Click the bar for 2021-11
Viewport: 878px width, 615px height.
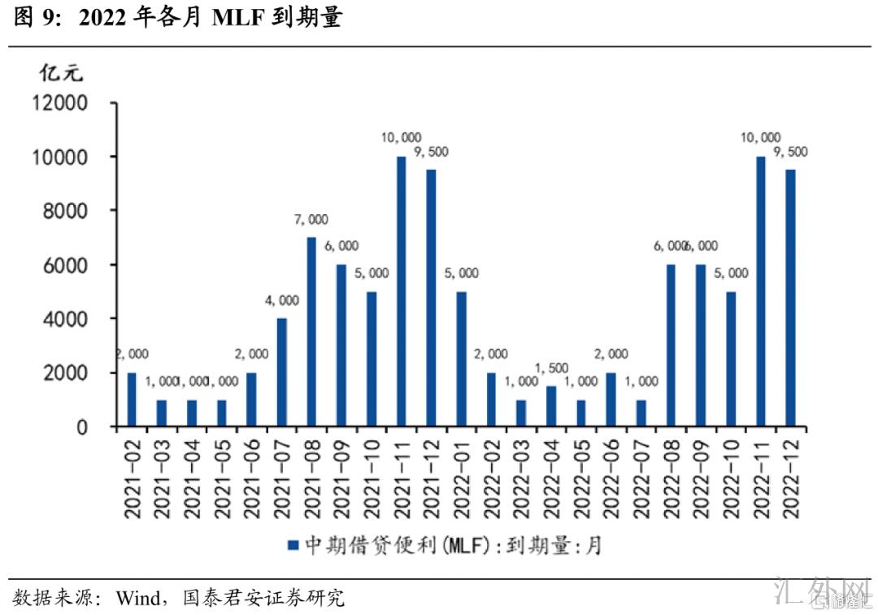coord(401,291)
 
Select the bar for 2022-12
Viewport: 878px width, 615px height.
coord(790,298)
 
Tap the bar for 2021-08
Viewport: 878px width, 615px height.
coord(311,332)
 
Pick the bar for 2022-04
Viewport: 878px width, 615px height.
coord(551,406)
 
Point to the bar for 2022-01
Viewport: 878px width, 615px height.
coord(461,359)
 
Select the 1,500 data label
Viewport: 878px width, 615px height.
coord(551,369)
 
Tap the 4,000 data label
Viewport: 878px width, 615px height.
coord(281,300)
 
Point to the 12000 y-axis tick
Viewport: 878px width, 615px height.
coord(59,103)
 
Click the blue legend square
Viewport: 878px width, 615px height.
coord(293,544)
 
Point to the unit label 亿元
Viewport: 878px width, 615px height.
coord(61,72)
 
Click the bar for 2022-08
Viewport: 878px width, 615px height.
coord(671,345)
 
